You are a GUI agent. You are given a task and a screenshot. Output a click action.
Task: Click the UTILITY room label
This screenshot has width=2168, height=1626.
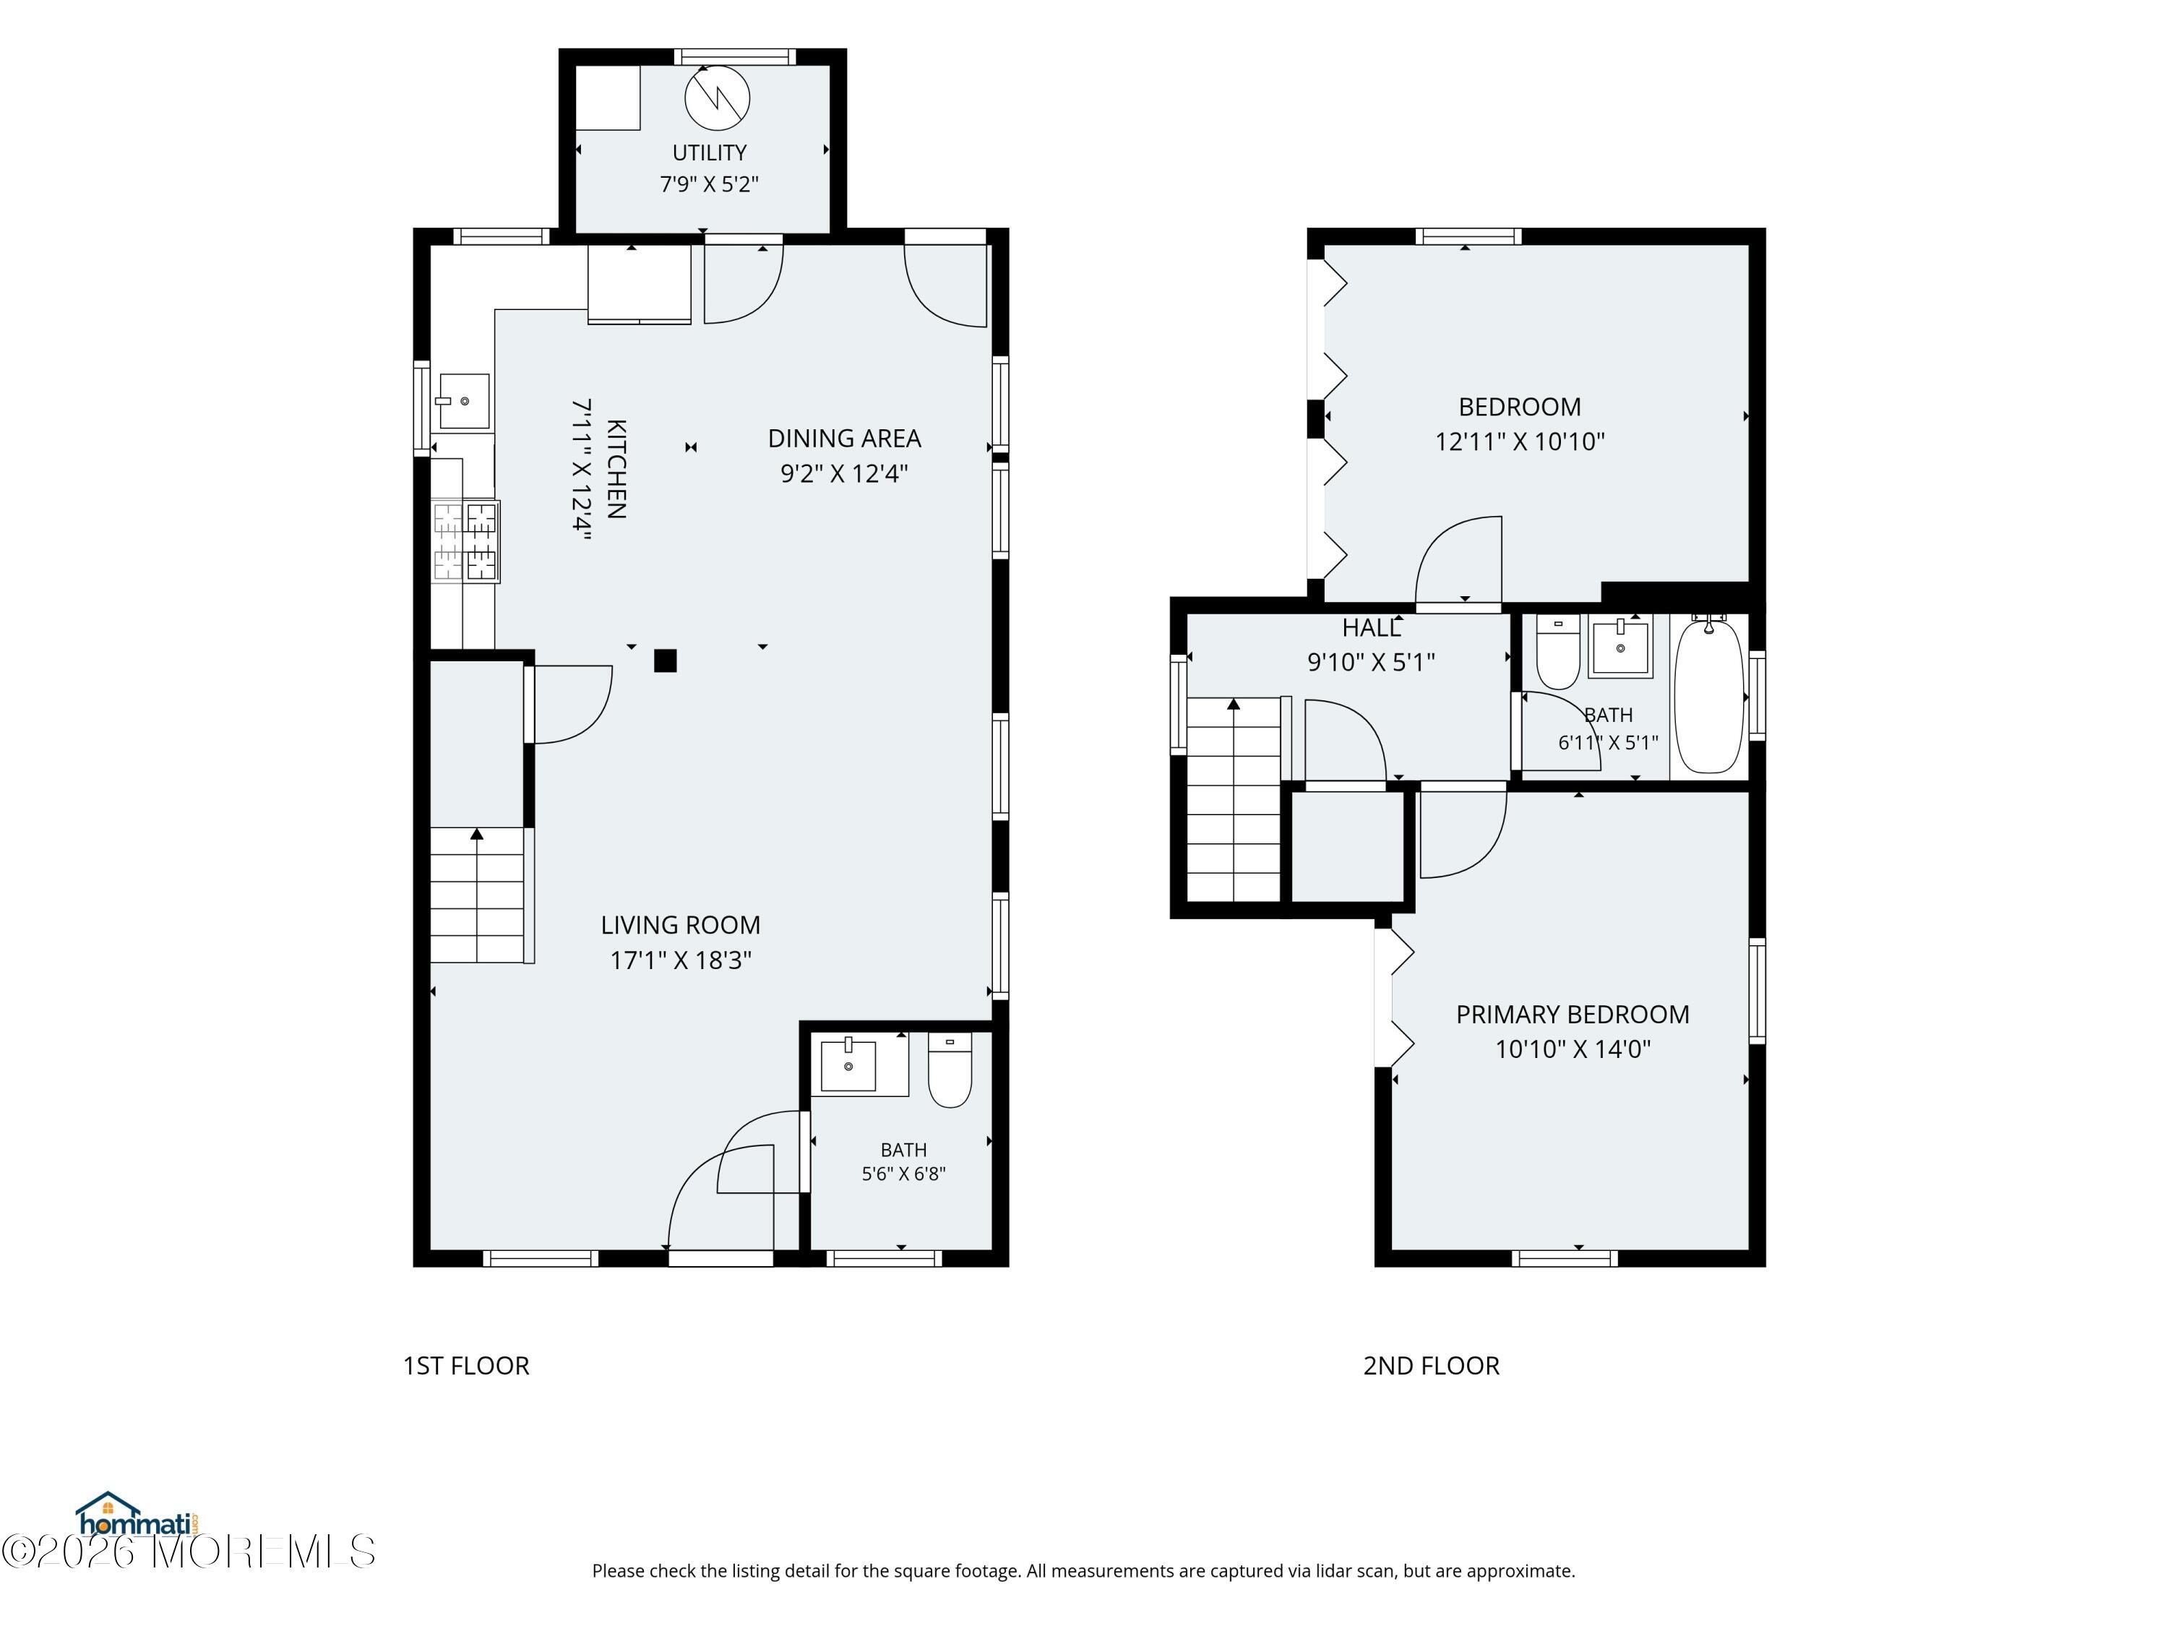(709, 153)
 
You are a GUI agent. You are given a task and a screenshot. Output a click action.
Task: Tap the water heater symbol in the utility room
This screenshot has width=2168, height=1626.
(718, 98)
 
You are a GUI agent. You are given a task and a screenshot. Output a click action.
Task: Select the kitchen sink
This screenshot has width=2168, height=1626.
(464, 401)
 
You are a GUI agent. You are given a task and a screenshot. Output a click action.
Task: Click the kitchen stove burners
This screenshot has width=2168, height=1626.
(465, 542)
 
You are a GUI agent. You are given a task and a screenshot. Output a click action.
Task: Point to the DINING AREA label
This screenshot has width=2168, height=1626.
(844, 438)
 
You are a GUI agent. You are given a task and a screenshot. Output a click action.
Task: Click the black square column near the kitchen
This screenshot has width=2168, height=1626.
(666, 661)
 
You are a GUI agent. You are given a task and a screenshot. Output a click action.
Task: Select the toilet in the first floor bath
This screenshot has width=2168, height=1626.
(950, 1070)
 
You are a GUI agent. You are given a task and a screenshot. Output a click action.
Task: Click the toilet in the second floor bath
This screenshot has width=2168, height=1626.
(1557, 652)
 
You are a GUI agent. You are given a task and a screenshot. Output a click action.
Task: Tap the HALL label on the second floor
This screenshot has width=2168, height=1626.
(1371, 628)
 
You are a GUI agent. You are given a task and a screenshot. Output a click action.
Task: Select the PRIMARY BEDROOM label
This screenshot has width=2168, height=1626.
(1572, 1015)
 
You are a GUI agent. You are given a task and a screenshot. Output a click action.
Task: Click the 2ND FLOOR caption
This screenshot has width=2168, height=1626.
(1431, 1365)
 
